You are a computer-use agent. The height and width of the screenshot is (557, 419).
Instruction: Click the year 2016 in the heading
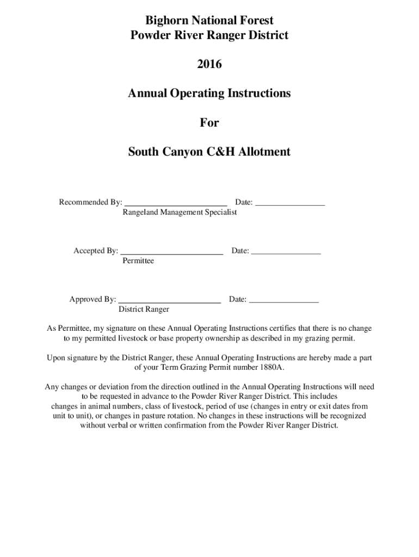click(x=209, y=65)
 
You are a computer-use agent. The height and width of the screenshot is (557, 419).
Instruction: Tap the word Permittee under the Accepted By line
click(x=138, y=261)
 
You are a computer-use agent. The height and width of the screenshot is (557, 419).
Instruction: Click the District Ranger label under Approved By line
click(x=144, y=310)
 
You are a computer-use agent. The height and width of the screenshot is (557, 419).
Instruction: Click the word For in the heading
click(x=209, y=123)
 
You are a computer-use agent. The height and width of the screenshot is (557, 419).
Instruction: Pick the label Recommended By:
click(x=90, y=203)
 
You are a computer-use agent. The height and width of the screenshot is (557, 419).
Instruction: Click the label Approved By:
click(x=93, y=300)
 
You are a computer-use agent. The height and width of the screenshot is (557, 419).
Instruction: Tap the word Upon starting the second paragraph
click(x=57, y=358)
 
